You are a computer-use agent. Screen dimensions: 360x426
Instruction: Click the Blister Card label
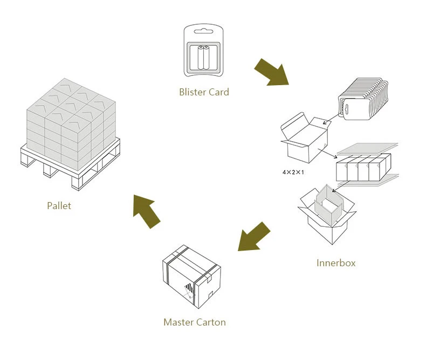[204, 92]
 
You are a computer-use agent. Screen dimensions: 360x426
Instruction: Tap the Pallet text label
[59, 205]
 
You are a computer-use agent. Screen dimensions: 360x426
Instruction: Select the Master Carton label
[194, 322]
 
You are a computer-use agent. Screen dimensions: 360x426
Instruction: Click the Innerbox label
[335, 263]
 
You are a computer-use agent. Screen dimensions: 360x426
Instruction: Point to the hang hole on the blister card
[204, 30]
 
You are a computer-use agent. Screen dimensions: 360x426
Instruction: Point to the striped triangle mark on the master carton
[188, 289]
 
